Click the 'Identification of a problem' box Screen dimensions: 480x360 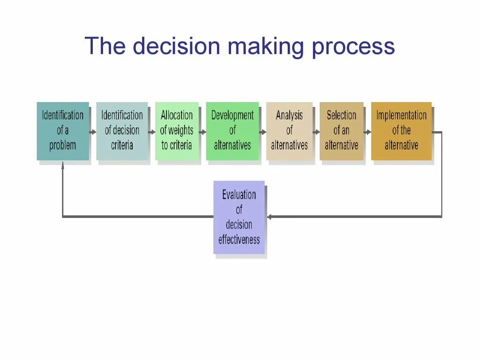[x=63, y=131]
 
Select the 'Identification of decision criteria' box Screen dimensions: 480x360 [x=122, y=131]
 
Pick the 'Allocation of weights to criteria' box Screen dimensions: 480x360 [x=177, y=131]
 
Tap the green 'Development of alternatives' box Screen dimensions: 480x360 [x=232, y=131]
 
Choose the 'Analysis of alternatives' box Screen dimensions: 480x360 [x=289, y=131]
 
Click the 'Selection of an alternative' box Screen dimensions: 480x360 [x=341, y=131]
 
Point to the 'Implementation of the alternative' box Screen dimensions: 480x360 [x=401, y=131]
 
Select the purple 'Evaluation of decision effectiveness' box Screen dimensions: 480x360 [x=239, y=217]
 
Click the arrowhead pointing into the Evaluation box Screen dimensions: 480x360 [x=270, y=217]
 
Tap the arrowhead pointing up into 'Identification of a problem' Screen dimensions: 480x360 [x=63, y=164]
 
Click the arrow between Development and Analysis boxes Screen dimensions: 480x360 [x=262, y=132]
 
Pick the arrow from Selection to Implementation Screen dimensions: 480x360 [x=367, y=132]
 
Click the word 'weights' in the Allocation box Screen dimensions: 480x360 [x=180, y=130]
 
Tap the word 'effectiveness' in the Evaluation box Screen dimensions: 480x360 [x=239, y=240]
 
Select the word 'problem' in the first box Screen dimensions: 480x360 [x=63, y=145]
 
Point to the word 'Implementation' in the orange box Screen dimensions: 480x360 [x=401, y=115]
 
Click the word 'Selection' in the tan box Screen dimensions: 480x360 [x=341, y=115]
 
